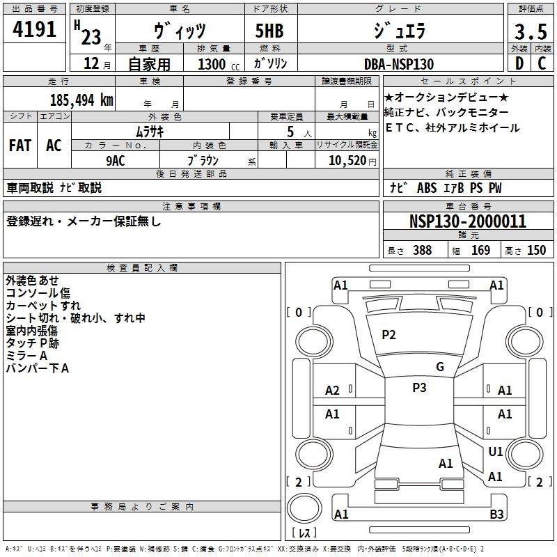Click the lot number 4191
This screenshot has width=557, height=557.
[x=34, y=29]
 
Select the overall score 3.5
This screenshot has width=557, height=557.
[x=531, y=32]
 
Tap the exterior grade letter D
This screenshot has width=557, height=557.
[x=519, y=63]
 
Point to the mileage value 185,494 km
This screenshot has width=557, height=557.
[x=81, y=100]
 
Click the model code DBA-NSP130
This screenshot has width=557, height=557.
[x=399, y=64]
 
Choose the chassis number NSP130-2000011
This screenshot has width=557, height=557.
[x=468, y=221]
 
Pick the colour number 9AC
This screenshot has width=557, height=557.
[x=116, y=161]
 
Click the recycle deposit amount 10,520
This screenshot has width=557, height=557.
[x=347, y=160]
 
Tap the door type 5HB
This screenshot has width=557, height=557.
[x=269, y=31]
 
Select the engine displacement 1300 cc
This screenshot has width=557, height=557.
[x=219, y=64]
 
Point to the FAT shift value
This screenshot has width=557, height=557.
[x=20, y=146]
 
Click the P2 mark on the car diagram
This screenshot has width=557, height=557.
[x=389, y=335]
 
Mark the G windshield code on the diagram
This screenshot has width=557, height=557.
[x=440, y=367]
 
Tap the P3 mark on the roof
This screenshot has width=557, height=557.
[x=419, y=388]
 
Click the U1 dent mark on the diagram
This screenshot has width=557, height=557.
[x=495, y=451]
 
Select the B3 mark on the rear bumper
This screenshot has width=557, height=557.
[x=496, y=514]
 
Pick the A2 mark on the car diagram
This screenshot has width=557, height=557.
[x=332, y=391]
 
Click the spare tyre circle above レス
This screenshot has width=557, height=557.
[x=304, y=508]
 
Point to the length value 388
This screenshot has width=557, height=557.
[x=423, y=250]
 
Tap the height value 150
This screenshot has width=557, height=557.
[x=536, y=250]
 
